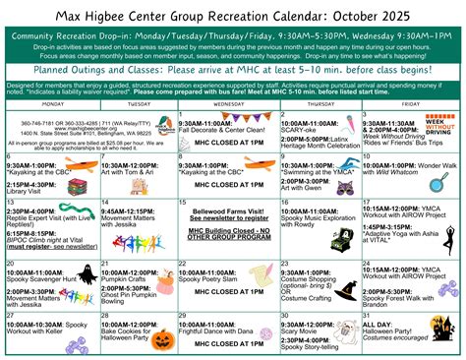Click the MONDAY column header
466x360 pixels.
pyautogui.click(x=53, y=103)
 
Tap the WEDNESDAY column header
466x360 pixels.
pyautogui.click(x=229, y=103)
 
